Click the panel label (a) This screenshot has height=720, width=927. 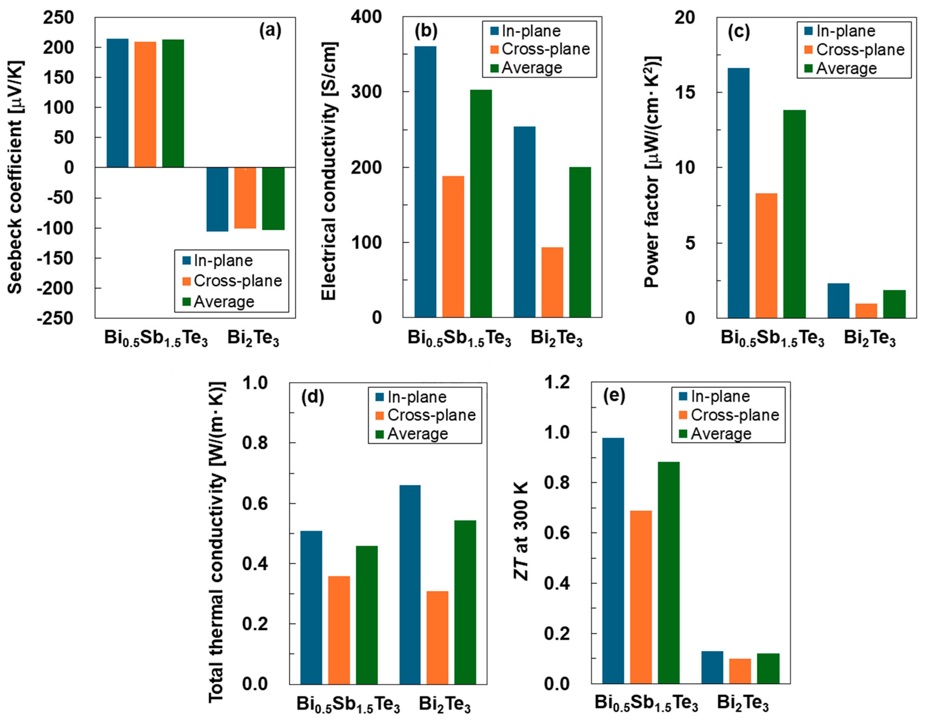[x=270, y=31]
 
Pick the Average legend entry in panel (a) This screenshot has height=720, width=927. [x=224, y=302]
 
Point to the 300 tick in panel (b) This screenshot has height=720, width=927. [x=367, y=92]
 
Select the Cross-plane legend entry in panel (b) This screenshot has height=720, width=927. [x=545, y=49]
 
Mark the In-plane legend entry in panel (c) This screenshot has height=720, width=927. [x=845, y=31]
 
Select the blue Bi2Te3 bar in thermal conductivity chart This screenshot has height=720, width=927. [x=410, y=584]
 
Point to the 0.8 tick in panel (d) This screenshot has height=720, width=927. [x=255, y=443]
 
